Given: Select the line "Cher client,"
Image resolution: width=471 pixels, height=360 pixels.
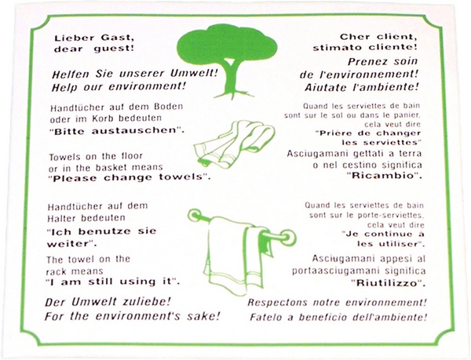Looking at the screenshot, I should point(382,35).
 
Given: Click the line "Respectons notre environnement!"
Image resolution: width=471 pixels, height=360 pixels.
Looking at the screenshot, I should point(337,303).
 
